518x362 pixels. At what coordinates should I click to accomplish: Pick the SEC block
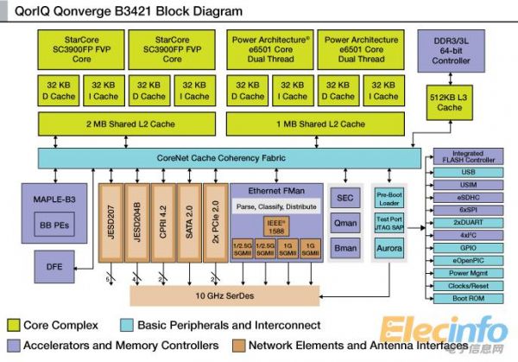[x=345, y=198]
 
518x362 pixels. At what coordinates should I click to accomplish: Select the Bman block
[x=345, y=248]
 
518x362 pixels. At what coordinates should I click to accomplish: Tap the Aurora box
[x=390, y=249]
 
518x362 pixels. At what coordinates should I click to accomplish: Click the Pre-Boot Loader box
[x=390, y=199]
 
